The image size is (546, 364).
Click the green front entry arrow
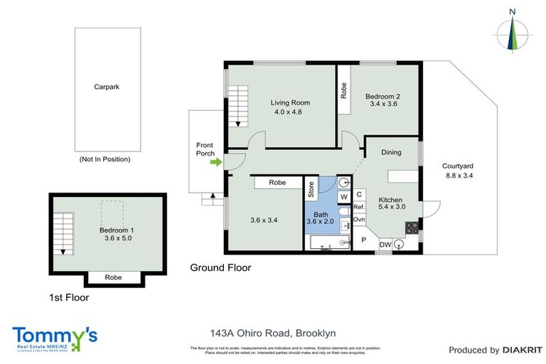215,163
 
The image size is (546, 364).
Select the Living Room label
290,102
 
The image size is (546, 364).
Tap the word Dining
391,152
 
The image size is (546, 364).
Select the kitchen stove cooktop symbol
411,227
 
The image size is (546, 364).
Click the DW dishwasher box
384,245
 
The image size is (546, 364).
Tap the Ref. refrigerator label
359,207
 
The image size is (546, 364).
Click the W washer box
344,196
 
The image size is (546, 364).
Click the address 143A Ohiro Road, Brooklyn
272,333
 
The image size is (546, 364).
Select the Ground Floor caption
220,268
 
